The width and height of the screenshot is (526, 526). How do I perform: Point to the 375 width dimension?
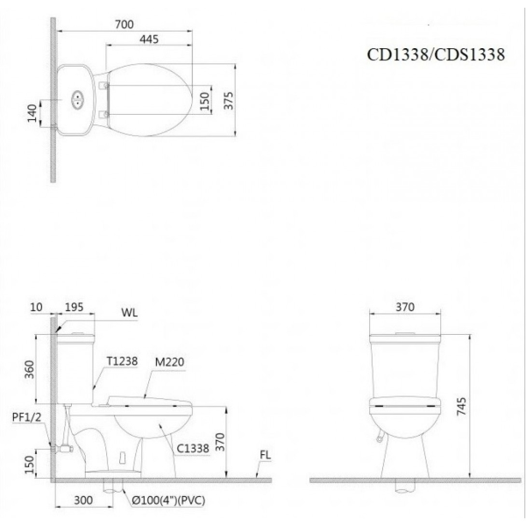pos(229,101)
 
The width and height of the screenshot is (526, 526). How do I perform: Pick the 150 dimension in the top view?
pos(203,101)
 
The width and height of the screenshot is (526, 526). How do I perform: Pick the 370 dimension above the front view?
pos(404,307)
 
